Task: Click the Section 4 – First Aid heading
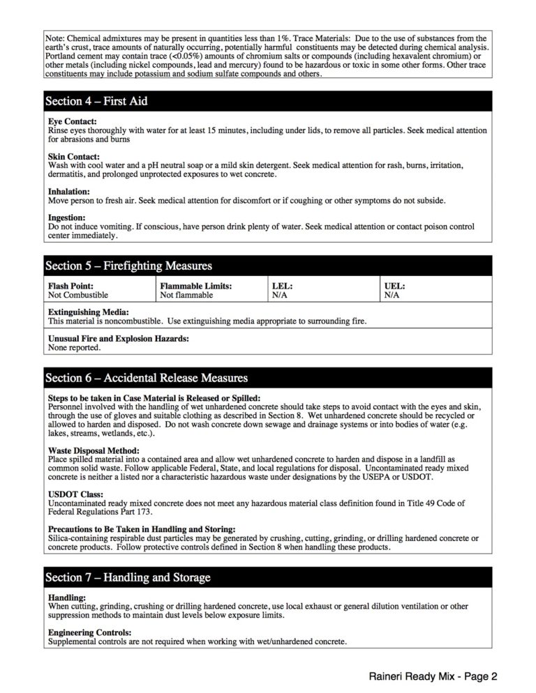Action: click(x=96, y=101)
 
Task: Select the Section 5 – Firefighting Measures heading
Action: click(x=128, y=266)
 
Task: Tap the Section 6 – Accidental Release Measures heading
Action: click(x=147, y=378)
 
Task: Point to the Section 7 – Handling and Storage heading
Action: click(x=128, y=577)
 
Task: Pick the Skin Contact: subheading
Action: click(x=74, y=156)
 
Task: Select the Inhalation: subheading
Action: click(x=69, y=191)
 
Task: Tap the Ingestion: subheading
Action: click(x=66, y=218)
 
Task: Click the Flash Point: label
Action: click(x=70, y=286)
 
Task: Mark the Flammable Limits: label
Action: click(x=195, y=286)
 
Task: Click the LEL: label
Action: click(x=282, y=286)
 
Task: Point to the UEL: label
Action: click(x=394, y=286)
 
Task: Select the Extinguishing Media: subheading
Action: click(x=88, y=312)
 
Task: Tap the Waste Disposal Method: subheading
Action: click(x=93, y=450)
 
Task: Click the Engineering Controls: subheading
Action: click(x=89, y=632)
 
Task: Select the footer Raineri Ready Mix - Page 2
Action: click(x=433, y=676)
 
